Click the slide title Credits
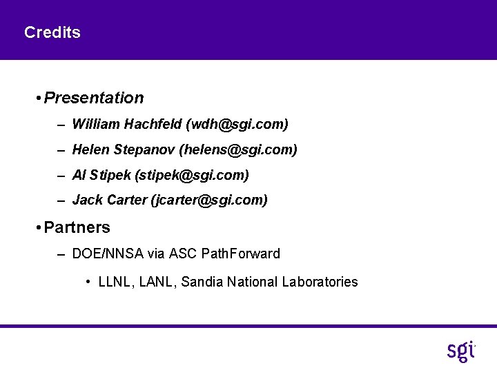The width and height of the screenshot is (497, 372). pos(52,32)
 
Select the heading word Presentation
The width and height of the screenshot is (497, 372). pos(94,98)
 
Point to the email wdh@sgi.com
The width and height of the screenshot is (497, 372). pos(237,125)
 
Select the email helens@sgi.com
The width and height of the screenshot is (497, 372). pos(238,149)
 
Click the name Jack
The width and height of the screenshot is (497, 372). pos(87,200)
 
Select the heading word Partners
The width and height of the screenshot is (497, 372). pos(77,227)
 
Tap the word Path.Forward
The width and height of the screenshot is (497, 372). pos(241,254)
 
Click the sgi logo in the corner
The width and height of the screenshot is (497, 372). pos(460,350)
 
